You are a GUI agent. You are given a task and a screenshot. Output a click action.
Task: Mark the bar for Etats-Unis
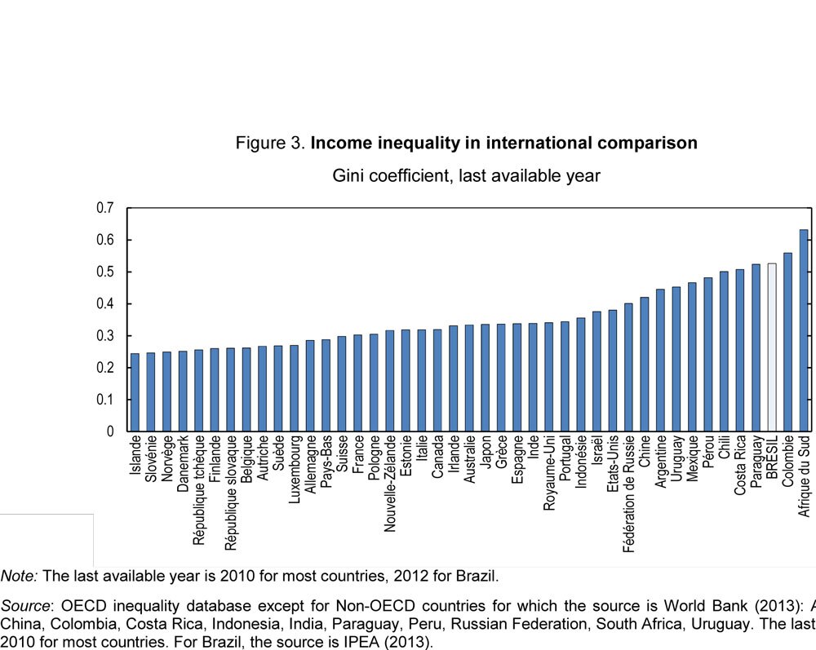[612, 370]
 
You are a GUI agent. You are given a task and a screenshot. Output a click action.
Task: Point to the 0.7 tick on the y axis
[104, 208]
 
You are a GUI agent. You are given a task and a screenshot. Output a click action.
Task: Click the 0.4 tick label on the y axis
[104, 304]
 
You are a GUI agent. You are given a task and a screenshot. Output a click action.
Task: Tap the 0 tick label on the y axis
[109, 431]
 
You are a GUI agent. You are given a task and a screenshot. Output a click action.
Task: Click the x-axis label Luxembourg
[295, 473]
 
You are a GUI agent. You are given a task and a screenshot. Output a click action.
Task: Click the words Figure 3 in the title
[269, 144]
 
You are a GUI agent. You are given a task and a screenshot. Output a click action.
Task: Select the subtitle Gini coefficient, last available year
[466, 175]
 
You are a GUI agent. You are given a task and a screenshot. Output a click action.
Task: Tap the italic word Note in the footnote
[19, 576]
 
